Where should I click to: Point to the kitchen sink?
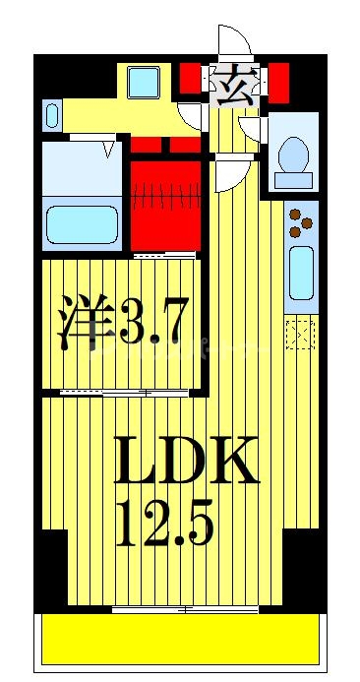point(300,273)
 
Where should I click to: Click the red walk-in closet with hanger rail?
point(165,203)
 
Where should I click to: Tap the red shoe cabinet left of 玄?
point(191,79)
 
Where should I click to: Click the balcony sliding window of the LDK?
point(185,610)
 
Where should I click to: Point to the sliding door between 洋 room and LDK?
point(123,393)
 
